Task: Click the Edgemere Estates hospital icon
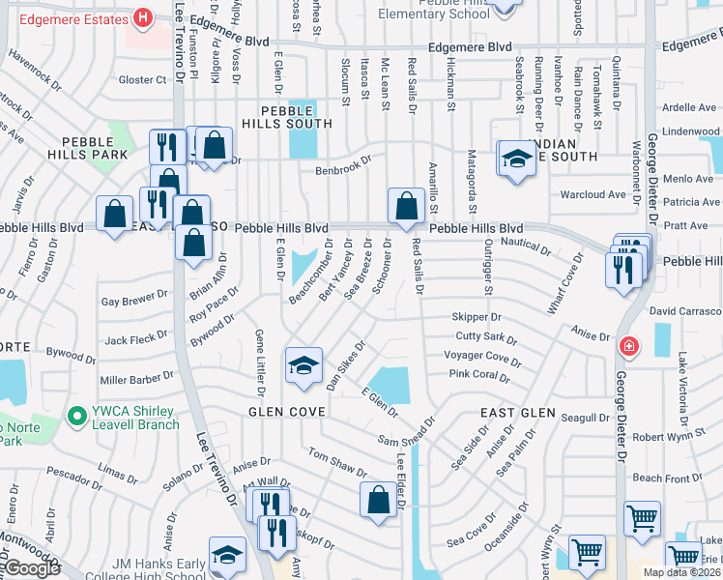coord(144,16)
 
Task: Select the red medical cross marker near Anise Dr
coord(629,345)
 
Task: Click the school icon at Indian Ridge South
coord(517,159)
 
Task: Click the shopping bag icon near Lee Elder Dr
coord(378,500)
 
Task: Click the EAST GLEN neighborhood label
coord(518,413)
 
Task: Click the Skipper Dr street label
coord(476,317)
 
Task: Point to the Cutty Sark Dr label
coord(486,337)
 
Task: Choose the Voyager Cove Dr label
coord(482,357)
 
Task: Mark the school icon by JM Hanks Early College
coord(227,556)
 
